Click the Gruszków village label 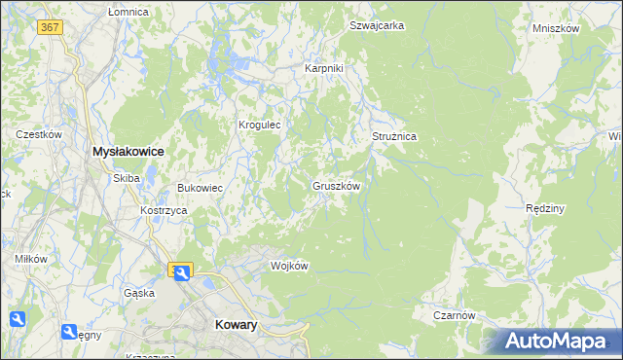point(337,186)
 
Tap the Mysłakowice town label point(128,152)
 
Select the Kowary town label point(235,326)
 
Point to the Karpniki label point(324,69)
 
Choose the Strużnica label point(394,137)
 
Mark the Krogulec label point(260,125)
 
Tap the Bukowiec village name point(200,188)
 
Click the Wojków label point(289,266)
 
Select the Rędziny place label point(545,208)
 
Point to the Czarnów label point(455,315)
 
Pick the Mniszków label point(556,29)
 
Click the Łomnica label point(128,12)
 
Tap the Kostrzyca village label point(163,210)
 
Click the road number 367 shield point(51,27)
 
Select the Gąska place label point(138,293)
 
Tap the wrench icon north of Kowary point(182,271)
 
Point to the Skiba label point(127,178)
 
